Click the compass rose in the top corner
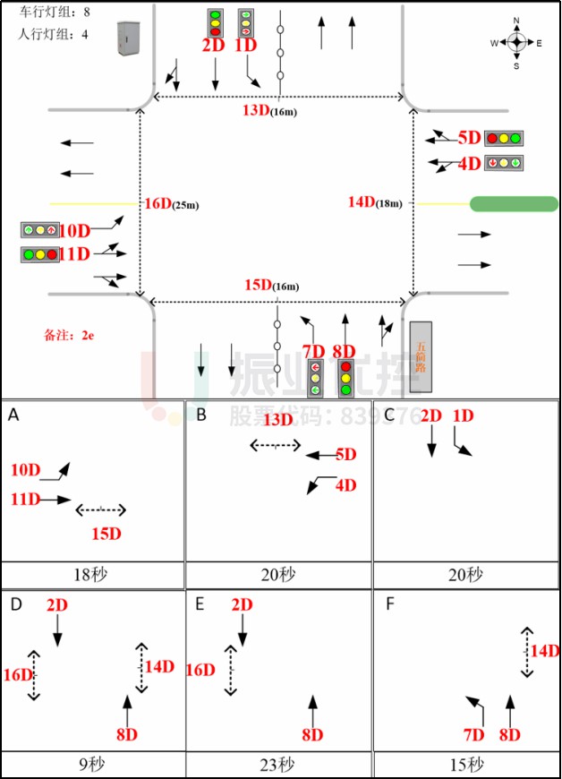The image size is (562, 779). (516, 42)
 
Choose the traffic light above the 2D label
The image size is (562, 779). (215, 22)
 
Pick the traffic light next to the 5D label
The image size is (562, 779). (504, 139)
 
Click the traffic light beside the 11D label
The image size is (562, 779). (40, 254)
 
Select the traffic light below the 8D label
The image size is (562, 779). (345, 379)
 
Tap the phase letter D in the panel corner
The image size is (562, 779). (15, 604)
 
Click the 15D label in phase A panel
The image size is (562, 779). (106, 534)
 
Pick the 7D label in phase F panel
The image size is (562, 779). (473, 735)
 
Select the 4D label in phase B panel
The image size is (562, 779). (345, 485)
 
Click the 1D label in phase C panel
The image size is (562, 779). (464, 416)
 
